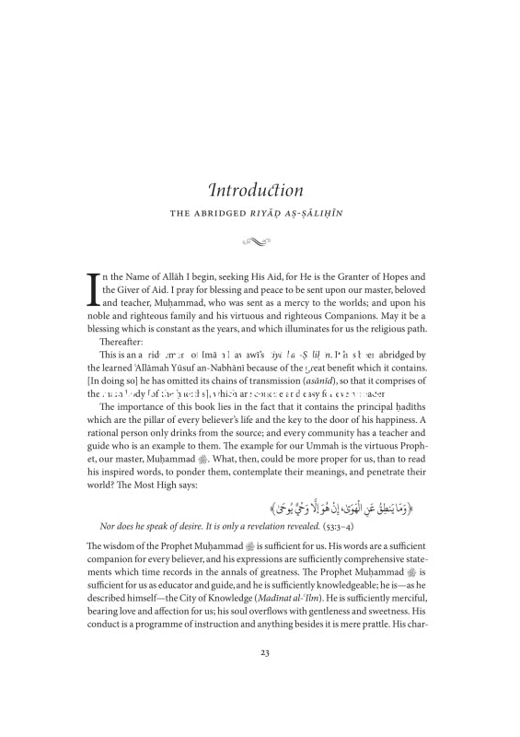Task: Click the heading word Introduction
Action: (x=256, y=191)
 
